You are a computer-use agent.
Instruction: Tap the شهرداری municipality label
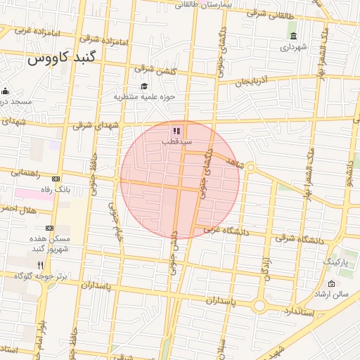294,48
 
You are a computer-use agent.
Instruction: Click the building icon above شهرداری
293,37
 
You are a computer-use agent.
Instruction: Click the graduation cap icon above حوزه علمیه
144,86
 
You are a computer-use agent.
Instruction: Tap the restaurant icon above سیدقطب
176,130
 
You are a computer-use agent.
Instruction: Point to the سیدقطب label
176,141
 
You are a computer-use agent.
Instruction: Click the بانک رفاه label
56,189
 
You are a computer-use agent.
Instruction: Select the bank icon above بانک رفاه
56,179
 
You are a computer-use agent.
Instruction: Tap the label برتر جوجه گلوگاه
42,276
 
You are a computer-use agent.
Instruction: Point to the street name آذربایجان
252,82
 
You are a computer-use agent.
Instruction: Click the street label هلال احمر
17,210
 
